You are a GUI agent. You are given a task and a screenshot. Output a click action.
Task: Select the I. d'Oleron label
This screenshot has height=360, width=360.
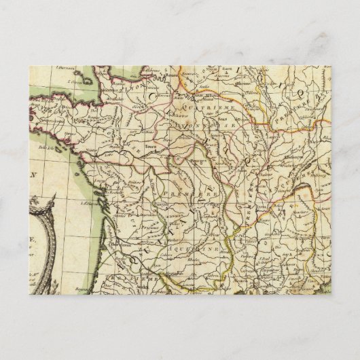88,202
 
